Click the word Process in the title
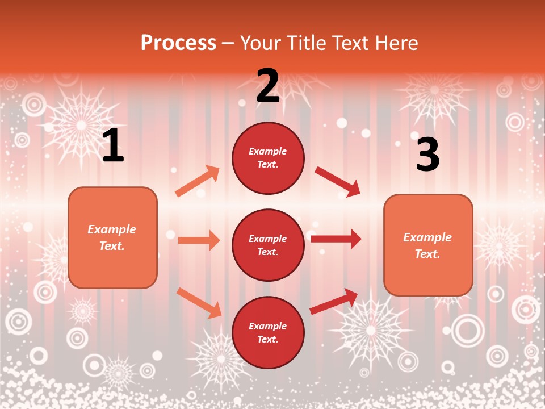(x=178, y=43)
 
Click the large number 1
(x=113, y=146)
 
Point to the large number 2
(x=268, y=86)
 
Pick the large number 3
(x=428, y=155)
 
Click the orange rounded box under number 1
(x=112, y=237)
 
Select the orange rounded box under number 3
(x=428, y=245)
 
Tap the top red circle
(x=268, y=158)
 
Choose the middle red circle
(x=268, y=245)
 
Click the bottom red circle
(x=268, y=332)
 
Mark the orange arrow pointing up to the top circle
(x=198, y=181)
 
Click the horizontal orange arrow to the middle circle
(x=199, y=240)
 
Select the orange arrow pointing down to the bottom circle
(x=199, y=303)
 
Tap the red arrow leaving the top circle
(x=337, y=182)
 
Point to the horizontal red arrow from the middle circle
(x=336, y=239)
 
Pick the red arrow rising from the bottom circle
(x=334, y=301)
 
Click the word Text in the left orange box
(x=111, y=247)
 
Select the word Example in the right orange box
(x=427, y=237)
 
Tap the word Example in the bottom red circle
(x=268, y=326)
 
